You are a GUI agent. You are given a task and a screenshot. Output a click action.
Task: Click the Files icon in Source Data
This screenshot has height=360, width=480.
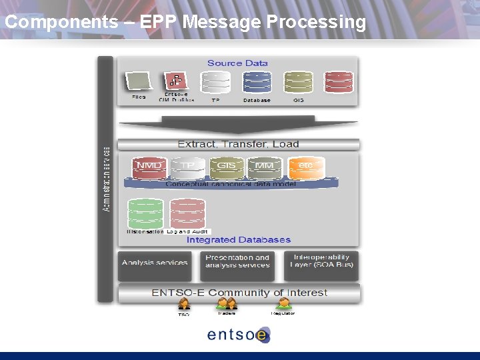click(x=139, y=83)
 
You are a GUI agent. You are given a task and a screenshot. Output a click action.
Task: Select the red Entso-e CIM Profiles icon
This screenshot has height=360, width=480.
click(x=177, y=81)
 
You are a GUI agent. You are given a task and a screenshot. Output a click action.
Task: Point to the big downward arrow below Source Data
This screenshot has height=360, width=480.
click(x=238, y=125)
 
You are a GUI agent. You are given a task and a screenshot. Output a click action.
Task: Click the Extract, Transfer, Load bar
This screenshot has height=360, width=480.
click(x=238, y=144)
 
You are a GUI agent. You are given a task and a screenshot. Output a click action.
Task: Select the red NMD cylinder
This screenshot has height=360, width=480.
click(x=149, y=167)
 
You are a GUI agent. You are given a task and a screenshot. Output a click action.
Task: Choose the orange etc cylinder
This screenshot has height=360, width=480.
click(x=306, y=167)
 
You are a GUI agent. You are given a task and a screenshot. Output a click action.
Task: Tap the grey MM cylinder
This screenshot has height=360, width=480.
click(x=265, y=167)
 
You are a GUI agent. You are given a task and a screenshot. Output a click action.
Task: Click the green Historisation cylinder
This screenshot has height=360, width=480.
click(x=145, y=213)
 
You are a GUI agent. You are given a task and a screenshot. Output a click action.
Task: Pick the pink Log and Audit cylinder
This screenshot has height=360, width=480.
click(x=187, y=213)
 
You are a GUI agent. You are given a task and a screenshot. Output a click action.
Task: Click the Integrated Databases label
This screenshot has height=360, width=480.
click(x=238, y=239)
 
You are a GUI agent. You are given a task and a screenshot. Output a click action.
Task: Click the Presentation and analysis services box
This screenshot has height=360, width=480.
click(x=238, y=261)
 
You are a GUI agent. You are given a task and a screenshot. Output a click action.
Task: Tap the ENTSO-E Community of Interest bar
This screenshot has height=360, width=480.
click(x=239, y=293)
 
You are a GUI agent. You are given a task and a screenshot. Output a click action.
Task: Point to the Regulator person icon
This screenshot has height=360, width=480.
click(x=283, y=305)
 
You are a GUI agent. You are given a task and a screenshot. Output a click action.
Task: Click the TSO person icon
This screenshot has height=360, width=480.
click(x=184, y=305)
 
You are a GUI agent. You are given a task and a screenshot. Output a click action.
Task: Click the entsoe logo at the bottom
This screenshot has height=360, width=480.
click(x=238, y=335)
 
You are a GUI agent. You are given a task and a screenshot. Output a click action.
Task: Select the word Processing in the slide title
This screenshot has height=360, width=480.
click(x=316, y=22)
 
